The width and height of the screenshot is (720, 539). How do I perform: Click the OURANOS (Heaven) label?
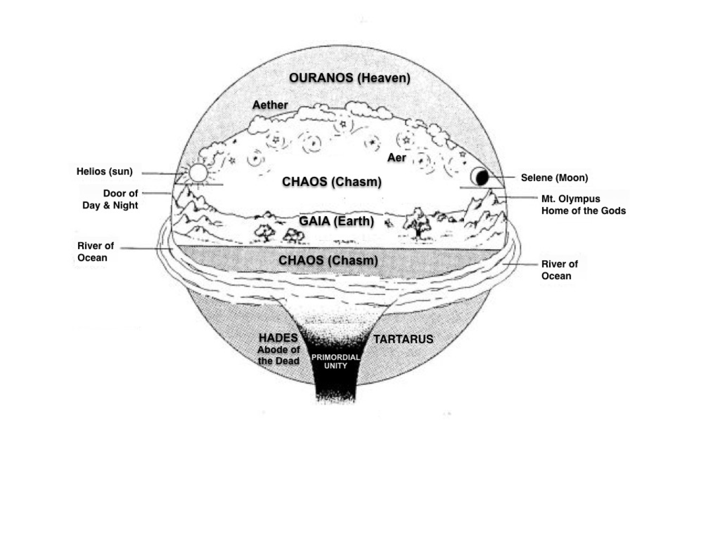[349, 78]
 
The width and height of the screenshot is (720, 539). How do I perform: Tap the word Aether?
[270, 105]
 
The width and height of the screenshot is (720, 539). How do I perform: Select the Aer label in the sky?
[397, 158]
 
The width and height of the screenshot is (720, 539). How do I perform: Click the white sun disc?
[198, 173]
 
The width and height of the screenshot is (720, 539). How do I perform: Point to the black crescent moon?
[481, 178]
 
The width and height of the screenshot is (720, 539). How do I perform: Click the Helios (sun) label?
[104, 171]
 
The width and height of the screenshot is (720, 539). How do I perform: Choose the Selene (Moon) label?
[554, 178]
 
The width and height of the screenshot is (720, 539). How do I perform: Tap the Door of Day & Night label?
[111, 199]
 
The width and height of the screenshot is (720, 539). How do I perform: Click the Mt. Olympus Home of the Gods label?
[583, 205]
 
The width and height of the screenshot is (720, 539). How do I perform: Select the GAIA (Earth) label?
[336, 221]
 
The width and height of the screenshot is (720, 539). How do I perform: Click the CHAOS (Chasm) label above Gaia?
[331, 182]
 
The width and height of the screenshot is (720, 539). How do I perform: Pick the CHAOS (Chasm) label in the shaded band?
[328, 260]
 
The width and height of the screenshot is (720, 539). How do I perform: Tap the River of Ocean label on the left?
[95, 252]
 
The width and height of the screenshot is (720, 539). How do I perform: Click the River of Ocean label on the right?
[559, 270]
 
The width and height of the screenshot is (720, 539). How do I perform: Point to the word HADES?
[278, 338]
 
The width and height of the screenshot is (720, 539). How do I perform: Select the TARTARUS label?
[403, 339]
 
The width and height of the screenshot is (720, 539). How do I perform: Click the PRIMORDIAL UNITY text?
[335, 361]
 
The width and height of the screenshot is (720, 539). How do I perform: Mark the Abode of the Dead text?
[279, 356]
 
